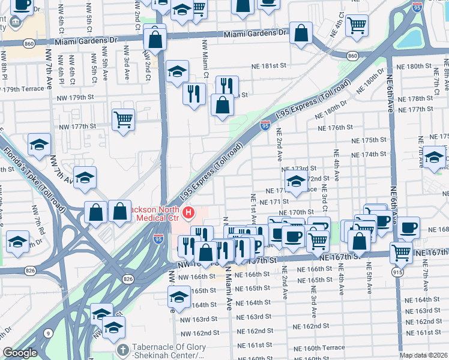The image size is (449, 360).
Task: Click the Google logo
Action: click(20, 353)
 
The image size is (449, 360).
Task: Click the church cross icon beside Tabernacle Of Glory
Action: click(122, 350)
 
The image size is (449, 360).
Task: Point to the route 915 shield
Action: click(397, 272)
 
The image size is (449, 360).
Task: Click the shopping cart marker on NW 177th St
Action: click(123, 119)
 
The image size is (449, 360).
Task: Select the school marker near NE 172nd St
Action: click(295, 182)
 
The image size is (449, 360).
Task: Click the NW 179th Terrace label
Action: click(24, 89)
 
